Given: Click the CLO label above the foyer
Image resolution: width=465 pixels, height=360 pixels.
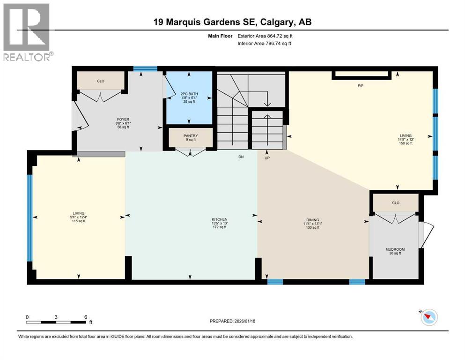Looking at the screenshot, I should click(101, 81).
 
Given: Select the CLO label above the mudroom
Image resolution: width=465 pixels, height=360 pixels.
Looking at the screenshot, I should click(395, 203).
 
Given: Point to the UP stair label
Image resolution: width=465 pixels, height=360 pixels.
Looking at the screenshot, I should click(267, 158).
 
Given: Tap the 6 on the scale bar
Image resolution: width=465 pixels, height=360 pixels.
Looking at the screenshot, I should click(86, 317).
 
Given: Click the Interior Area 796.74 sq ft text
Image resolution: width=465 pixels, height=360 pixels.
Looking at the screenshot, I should click(265, 44).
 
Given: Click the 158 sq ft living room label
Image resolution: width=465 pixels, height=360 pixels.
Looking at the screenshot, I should click(406, 143).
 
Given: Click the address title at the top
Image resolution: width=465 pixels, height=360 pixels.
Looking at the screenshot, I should click(232, 22).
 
